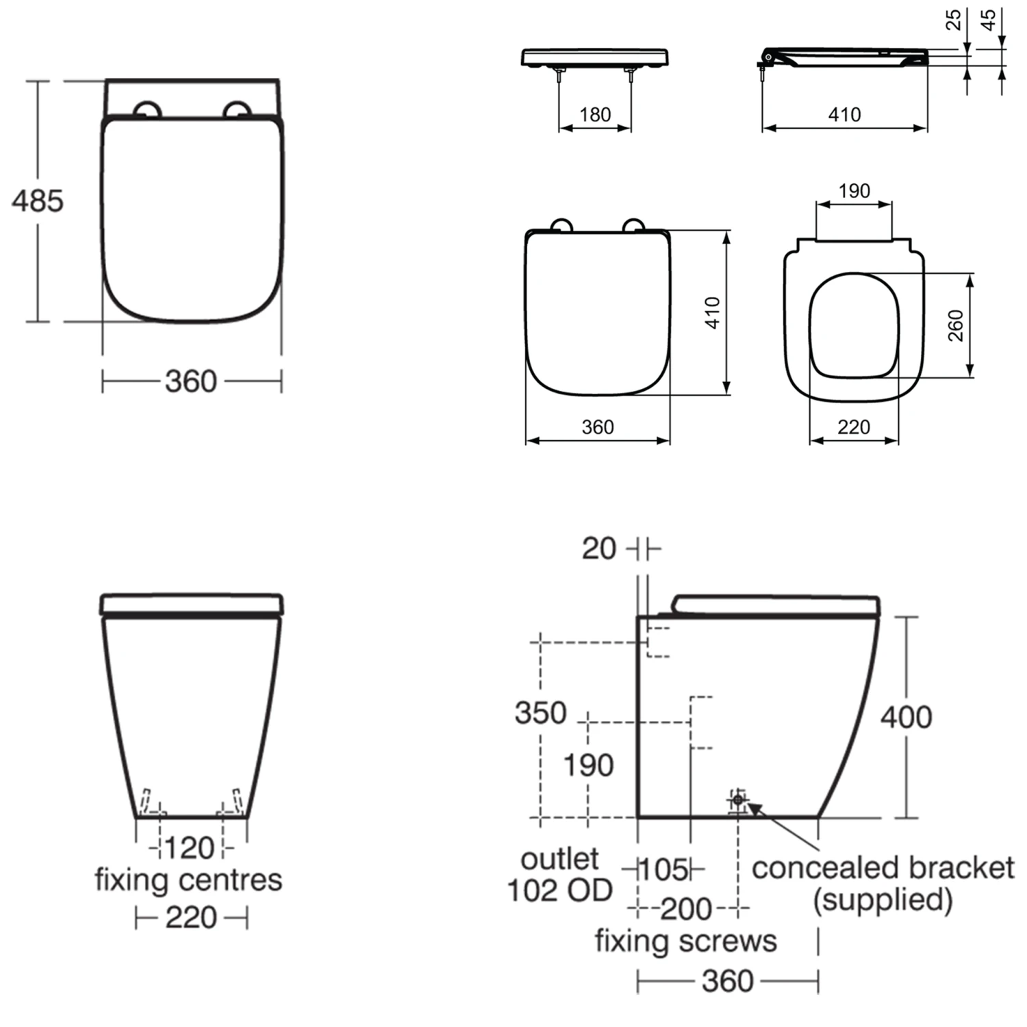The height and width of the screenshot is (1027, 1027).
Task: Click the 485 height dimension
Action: point(38,201)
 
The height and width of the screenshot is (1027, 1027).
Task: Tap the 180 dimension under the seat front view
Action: point(595,114)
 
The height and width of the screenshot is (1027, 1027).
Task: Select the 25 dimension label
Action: point(953,20)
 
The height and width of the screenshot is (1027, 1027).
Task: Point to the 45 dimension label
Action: point(988,20)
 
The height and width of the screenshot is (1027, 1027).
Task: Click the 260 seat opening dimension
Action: point(956,325)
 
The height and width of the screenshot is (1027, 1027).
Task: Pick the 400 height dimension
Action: point(906,717)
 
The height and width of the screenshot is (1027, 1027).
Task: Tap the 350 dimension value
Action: point(541,713)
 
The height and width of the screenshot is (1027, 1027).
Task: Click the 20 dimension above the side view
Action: point(599,548)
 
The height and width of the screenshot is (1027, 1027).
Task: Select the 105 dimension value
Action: point(663,870)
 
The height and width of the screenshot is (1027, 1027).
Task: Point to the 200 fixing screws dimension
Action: point(686,909)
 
